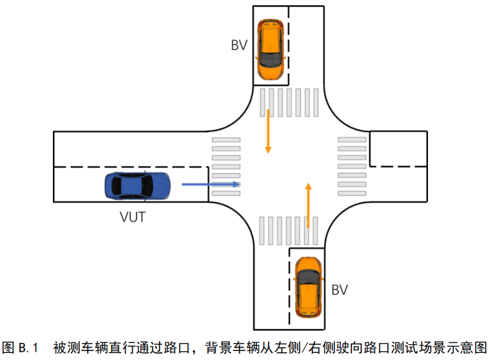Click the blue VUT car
click(137, 185)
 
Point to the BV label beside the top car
click(239, 45)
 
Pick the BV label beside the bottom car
click(339, 289)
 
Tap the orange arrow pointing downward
click(268, 131)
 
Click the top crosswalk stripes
click(289, 102)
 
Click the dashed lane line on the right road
click(397, 166)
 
